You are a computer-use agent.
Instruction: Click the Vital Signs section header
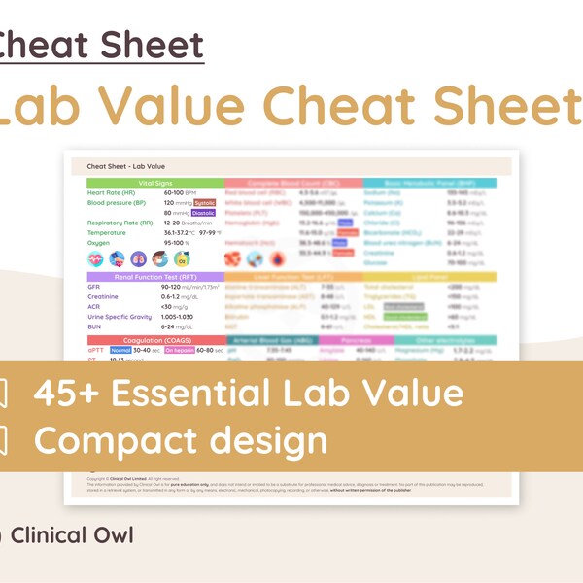tap(154, 183)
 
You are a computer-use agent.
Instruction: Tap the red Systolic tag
tap(204, 203)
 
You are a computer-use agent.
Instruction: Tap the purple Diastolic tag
tap(204, 213)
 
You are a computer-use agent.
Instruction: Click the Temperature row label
tap(107, 233)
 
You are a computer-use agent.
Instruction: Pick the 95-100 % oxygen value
tap(175, 243)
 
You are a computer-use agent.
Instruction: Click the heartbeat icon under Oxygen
tap(95, 259)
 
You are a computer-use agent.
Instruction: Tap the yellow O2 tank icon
tap(182, 259)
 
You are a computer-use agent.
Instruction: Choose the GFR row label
tap(94, 288)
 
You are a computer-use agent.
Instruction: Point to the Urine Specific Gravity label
tap(120, 317)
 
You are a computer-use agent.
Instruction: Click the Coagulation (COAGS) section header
tap(154, 340)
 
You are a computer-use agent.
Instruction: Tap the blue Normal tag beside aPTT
tap(120, 350)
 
